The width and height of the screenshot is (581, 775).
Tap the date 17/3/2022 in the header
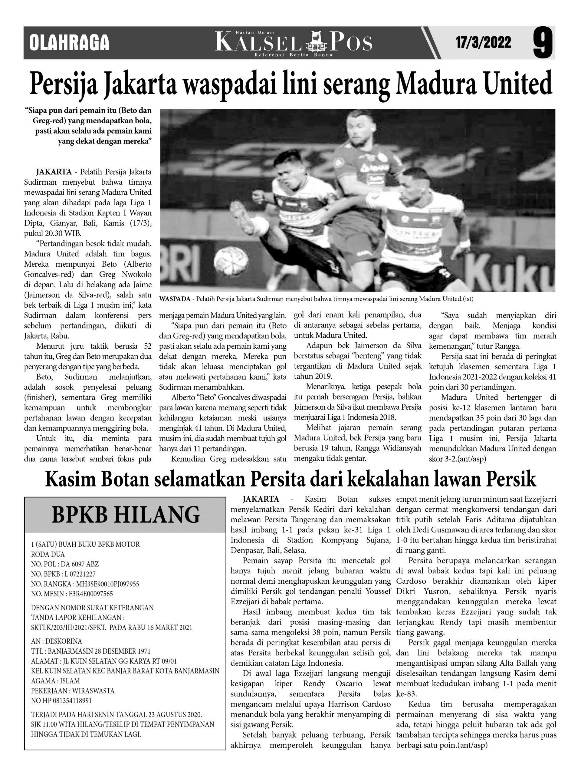coord(483,43)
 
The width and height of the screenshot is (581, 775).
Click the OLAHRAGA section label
coord(69,43)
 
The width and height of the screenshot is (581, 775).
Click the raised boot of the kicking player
coord(242,217)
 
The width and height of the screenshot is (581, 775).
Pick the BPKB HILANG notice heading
coord(125,514)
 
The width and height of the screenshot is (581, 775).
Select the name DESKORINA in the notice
coord(64,641)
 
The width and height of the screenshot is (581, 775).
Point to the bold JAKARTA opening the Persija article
coord(54,172)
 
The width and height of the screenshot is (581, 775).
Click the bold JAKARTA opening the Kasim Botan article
coord(261,499)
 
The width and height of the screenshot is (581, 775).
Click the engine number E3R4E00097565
coord(88,594)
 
